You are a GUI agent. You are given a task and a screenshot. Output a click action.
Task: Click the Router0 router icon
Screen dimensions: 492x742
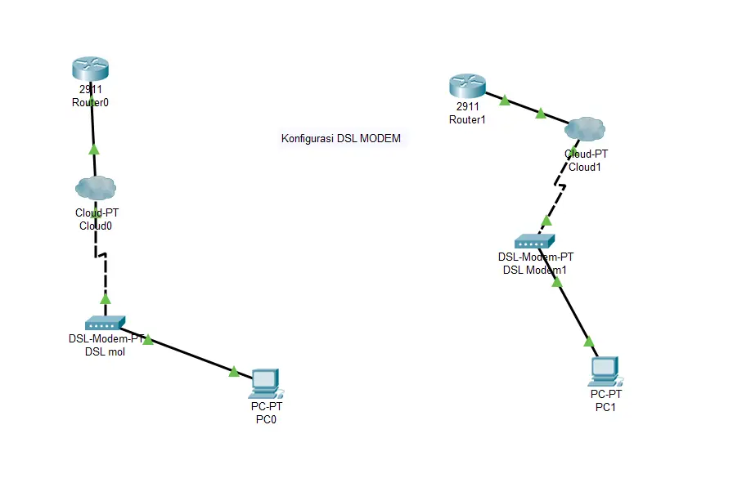90,69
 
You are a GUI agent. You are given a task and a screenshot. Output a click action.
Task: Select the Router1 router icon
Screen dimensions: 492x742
467,86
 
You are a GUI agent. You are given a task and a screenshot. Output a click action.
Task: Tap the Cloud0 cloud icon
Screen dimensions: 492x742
96,188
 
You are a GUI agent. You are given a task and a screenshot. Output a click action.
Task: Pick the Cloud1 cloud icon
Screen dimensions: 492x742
585,128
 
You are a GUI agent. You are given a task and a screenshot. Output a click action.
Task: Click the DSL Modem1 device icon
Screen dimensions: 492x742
534,241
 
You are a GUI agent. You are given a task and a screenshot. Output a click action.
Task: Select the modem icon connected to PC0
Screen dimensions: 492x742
105,323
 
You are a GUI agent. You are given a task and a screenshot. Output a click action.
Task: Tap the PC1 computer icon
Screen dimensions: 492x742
604,370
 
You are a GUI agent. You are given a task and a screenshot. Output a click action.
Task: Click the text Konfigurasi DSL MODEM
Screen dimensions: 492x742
341,139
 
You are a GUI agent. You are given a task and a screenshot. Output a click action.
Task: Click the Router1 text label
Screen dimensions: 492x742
467,119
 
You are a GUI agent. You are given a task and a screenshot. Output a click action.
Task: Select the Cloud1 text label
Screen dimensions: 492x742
585,167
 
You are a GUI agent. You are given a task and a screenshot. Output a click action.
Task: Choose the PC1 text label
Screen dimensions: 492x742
605,408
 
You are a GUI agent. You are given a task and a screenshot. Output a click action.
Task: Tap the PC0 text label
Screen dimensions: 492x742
267,419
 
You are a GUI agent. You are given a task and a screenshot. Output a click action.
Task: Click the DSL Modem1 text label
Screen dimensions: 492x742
535,270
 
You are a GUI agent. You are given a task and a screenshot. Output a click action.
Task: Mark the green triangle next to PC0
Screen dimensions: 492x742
234,372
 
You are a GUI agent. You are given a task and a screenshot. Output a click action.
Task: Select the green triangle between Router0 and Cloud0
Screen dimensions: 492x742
94,150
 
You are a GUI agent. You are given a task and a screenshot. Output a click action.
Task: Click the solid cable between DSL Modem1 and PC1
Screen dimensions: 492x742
573,312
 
